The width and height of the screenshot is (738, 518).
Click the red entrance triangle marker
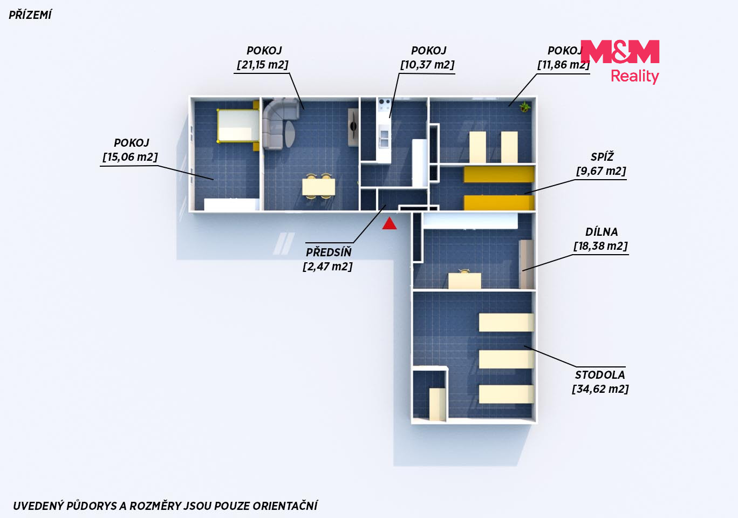coord(389,223)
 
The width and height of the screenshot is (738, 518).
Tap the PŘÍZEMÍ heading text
coord(30,15)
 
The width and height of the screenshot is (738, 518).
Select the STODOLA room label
coord(600,374)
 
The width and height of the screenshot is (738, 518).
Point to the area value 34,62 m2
coord(600,389)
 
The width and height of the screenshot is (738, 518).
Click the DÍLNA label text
coord(602,232)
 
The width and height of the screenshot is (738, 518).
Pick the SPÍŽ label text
coord(602,157)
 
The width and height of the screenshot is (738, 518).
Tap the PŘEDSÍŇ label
coord(329,252)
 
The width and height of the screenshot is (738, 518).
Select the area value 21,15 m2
coord(263,65)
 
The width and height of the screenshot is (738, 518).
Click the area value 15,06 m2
coord(130,157)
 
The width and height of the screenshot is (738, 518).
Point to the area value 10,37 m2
coord(427,65)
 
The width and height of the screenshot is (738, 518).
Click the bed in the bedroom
coord(238,126)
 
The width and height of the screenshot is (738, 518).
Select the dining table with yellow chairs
coord(319,187)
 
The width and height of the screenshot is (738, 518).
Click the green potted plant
coord(524,106)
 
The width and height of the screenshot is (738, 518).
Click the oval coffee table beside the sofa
coord(290,134)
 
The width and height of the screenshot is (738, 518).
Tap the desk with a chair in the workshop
coord(464,279)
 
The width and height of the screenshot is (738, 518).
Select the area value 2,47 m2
coord(327,266)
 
